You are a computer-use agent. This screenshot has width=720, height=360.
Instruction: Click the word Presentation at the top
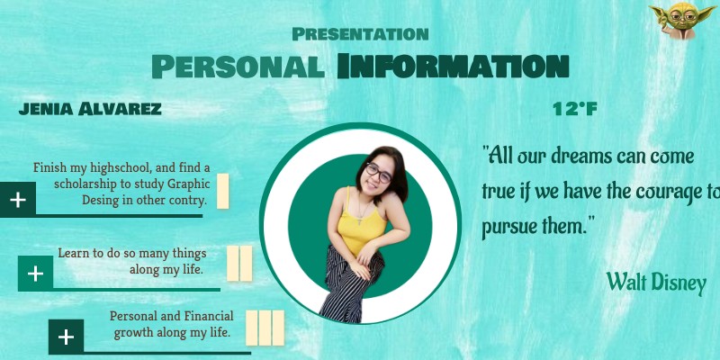coord(360,34)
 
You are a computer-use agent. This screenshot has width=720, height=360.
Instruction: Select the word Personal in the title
coord(237,66)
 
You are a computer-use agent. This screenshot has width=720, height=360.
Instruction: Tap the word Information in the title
coord(453,66)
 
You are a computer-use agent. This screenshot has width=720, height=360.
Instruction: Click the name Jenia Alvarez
coord(90,110)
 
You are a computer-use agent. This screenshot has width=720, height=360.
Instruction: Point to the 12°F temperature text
coord(575,110)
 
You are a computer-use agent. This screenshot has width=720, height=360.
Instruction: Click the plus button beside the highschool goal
coord(18,199)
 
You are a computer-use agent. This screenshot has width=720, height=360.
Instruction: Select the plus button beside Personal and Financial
coord(66,337)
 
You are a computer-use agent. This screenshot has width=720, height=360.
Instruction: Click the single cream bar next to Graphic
coord(222,191)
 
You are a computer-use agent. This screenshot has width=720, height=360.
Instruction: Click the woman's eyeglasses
coord(378,171)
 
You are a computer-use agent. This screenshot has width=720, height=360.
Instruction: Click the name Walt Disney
coord(656,282)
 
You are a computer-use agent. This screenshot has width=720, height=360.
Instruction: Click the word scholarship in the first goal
coord(79,184)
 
